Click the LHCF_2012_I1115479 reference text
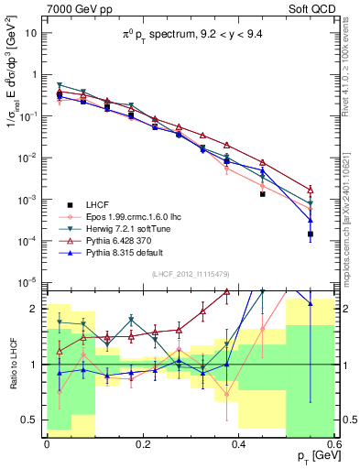(192, 274)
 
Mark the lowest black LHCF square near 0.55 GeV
(311, 234)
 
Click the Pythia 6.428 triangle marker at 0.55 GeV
(311, 190)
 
